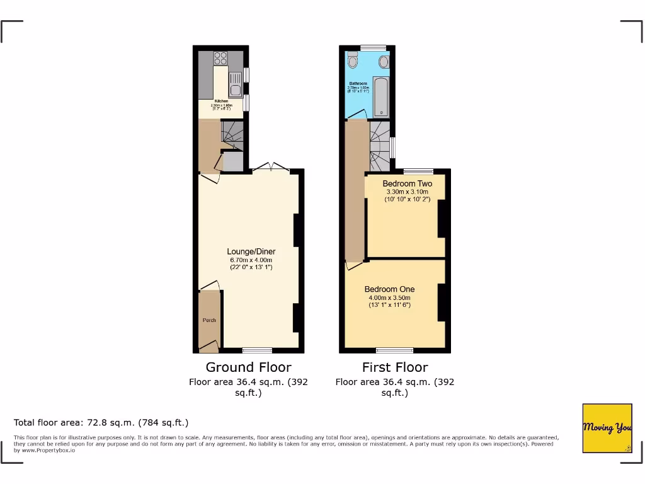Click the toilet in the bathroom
352,61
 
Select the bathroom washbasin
384,61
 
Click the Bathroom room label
358,83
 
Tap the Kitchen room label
221,101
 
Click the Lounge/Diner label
252,251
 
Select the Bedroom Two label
408,184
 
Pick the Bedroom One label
389,289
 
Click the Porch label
209,320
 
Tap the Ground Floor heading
249,367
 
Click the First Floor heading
395,367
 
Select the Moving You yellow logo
607,428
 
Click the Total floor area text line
101,422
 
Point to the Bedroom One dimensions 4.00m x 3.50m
389,298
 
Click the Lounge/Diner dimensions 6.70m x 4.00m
252,260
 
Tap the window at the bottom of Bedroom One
395,350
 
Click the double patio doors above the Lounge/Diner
271,168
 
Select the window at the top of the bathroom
374,47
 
